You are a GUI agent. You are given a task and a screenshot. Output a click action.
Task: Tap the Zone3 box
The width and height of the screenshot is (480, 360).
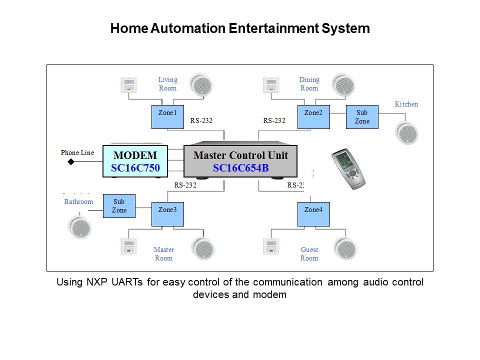point(167,214)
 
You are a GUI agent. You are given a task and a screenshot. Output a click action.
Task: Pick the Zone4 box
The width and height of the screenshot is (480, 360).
point(313,214)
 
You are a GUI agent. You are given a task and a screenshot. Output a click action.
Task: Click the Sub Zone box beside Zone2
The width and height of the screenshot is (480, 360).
point(362,117)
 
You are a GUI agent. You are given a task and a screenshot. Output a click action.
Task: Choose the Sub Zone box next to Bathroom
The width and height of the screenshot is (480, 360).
point(119,206)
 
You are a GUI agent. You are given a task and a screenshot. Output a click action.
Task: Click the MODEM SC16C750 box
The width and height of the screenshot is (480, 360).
point(134,161)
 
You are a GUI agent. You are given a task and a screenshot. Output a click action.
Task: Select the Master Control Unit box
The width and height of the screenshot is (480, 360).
point(240,161)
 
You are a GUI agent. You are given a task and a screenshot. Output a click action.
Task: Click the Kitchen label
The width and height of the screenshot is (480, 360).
point(406,104)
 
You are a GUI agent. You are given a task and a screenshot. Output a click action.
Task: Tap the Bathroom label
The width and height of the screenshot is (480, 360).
point(78,202)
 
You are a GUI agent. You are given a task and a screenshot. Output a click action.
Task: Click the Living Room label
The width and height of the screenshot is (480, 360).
point(167,84)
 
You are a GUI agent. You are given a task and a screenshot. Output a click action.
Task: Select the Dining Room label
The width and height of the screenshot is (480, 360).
point(309,84)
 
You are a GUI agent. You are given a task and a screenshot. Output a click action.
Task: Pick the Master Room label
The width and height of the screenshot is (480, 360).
point(163,254)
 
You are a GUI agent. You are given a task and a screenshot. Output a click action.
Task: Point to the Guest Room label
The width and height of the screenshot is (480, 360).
point(309,254)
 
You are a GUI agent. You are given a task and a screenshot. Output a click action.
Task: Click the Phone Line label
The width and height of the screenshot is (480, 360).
point(77,152)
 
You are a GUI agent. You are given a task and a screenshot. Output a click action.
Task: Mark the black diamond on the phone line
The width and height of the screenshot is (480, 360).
point(71,162)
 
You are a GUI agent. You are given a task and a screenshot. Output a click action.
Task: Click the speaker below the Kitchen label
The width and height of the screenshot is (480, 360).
point(405,133)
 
